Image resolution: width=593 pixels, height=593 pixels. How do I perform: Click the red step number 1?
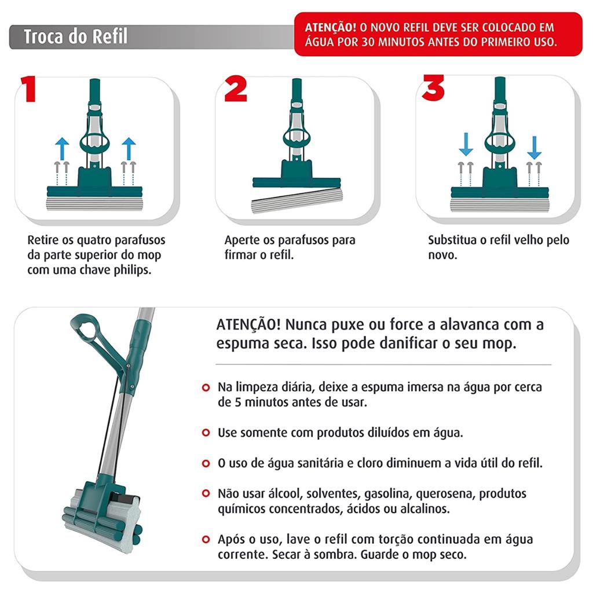tap(28, 89)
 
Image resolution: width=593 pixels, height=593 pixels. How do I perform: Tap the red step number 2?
tap(236, 89)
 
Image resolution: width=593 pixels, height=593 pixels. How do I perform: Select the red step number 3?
tap(433, 88)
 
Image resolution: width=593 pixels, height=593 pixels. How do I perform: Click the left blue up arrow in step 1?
tap(62, 149)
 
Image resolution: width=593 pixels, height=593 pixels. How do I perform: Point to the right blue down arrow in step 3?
tap(534, 148)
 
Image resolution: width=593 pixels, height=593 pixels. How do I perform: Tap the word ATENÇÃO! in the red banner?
tap(331, 27)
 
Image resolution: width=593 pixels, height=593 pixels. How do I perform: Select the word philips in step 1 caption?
tap(133, 270)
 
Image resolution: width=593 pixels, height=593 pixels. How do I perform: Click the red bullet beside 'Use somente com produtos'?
tap(206, 432)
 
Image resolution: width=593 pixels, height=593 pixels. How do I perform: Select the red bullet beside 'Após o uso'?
tap(206, 539)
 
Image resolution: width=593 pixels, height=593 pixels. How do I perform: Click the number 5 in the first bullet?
tap(238, 402)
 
